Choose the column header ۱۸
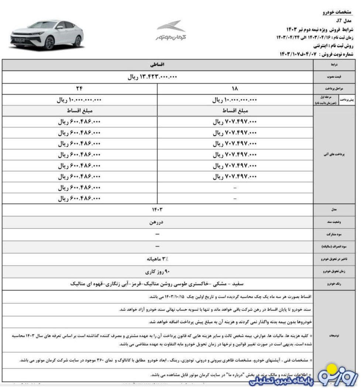235,89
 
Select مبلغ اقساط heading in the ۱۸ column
235,111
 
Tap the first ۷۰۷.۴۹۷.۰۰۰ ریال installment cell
235,122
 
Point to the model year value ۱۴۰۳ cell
157,210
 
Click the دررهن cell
157,222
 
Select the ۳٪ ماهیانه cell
157,259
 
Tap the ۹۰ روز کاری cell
157,272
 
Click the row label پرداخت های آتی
334,155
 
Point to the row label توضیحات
334,336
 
